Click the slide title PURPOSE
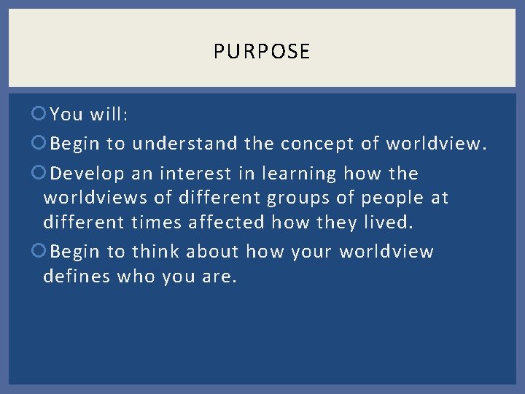[x=262, y=51]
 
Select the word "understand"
[x=184, y=144]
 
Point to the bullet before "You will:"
[x=41, y=115]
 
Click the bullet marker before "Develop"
[x=41, y=174]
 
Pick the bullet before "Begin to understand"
[x=41, y=144]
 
